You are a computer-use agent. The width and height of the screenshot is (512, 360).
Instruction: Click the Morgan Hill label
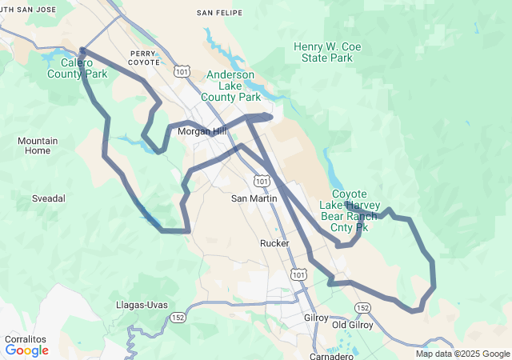pos(202,131)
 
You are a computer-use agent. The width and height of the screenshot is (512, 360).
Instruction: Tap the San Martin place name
pos(254,198)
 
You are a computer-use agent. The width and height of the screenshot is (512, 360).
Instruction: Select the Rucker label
pos(274,242)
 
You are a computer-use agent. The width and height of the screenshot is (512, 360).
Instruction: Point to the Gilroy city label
pos(316,318)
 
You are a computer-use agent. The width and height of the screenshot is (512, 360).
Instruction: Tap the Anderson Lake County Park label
pos(232,86)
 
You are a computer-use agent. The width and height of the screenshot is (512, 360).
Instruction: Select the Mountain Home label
pos(38,146)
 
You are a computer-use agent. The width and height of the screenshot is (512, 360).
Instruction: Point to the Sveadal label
pos(48,198)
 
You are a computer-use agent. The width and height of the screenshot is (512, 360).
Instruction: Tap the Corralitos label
pos(25,339)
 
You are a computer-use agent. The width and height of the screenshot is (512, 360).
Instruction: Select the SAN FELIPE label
pos(217,13)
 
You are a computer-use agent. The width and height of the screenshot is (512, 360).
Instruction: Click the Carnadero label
pos(332,356)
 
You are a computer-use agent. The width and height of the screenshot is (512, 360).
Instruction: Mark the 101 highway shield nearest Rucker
pos(298,274)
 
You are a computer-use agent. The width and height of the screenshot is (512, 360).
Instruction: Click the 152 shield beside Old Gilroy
pos(363,308)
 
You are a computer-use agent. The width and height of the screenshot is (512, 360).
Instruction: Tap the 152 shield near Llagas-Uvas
pos(177,318)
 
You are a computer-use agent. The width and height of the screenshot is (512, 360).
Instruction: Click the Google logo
pos(26,350)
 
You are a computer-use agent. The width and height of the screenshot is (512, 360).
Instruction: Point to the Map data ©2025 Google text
pos(462,354)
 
